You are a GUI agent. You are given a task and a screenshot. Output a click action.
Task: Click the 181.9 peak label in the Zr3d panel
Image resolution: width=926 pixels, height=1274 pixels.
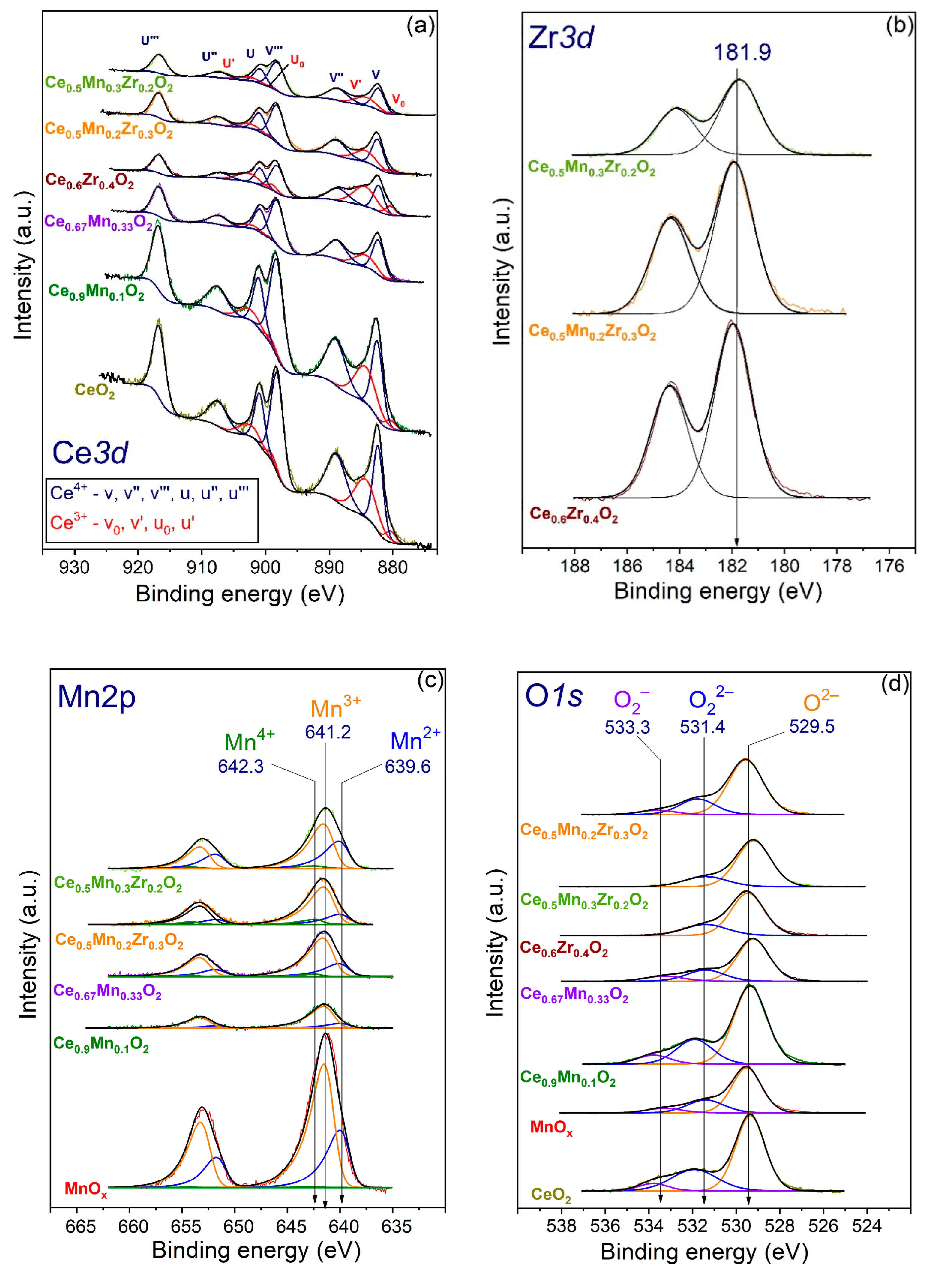pyautogui.click(x=742, y=52)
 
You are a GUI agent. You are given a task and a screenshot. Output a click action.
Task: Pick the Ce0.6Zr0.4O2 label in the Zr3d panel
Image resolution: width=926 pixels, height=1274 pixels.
pyautogui.click(x=574, y=515)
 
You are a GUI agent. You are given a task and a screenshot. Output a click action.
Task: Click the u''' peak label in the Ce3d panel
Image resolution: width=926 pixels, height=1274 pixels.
pyautogui.click(x=150, y=40)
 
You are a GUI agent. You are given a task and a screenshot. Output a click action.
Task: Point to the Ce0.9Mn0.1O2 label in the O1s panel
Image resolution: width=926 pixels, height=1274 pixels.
pyautogui.click(x=568, y=1077)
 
